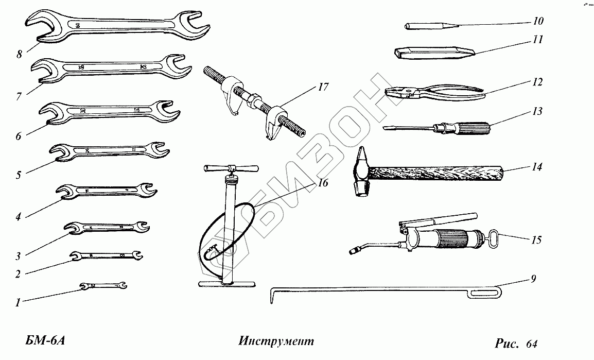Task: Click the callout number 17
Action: coord(323,87)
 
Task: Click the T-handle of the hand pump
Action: coord(231,169)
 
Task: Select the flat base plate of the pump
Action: coord(226,284)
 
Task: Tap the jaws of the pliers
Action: coord(396,92)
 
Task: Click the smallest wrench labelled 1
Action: coord(103,285)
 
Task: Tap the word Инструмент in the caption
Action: coord(276,341)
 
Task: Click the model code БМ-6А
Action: coord(45,341)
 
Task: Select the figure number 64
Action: coord(532,342)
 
